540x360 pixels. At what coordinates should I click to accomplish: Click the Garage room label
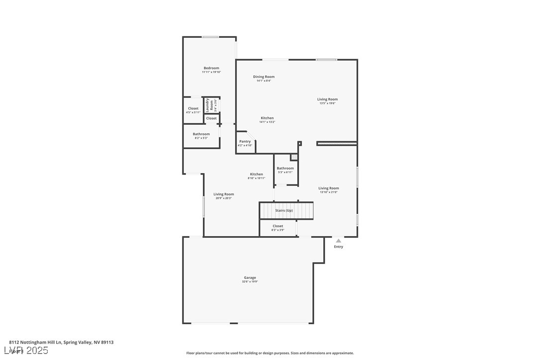click(x=250, y=277)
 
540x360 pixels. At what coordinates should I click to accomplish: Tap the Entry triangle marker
click(x=339, y=241)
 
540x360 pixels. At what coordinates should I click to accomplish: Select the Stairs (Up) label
click(x=284, y=210)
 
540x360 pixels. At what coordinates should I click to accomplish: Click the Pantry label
click(x=245, y=141)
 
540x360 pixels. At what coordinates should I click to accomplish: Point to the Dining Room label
click(x=264, y=77)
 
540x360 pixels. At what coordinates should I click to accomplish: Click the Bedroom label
click(x=211, y=68)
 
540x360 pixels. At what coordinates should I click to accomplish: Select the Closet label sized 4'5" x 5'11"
click(x=193, y=108)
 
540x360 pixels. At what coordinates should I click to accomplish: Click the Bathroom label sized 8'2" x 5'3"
click(x=201, y=134)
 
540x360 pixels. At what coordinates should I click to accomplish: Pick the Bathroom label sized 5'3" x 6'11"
click(x=285, y=168)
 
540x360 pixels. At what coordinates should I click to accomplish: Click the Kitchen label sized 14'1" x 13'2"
click(x=267, y=118)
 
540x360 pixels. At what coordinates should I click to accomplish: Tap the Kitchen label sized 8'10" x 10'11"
click(x=257, y=174)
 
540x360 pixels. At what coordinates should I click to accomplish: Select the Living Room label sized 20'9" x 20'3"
click(x=224, y=194)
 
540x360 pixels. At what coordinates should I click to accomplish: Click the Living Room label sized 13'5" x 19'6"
click(x=327, y=99)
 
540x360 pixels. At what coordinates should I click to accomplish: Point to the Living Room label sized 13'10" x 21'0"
click(x=329, y=188)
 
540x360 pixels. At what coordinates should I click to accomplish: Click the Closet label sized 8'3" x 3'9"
click(x=278, y=226)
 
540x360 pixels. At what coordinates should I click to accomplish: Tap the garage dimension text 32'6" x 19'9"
click(x=250, y=282)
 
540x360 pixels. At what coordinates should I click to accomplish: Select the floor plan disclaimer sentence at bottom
click(x=270, y=353)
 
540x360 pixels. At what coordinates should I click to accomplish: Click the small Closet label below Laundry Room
click(x=211, y=118)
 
